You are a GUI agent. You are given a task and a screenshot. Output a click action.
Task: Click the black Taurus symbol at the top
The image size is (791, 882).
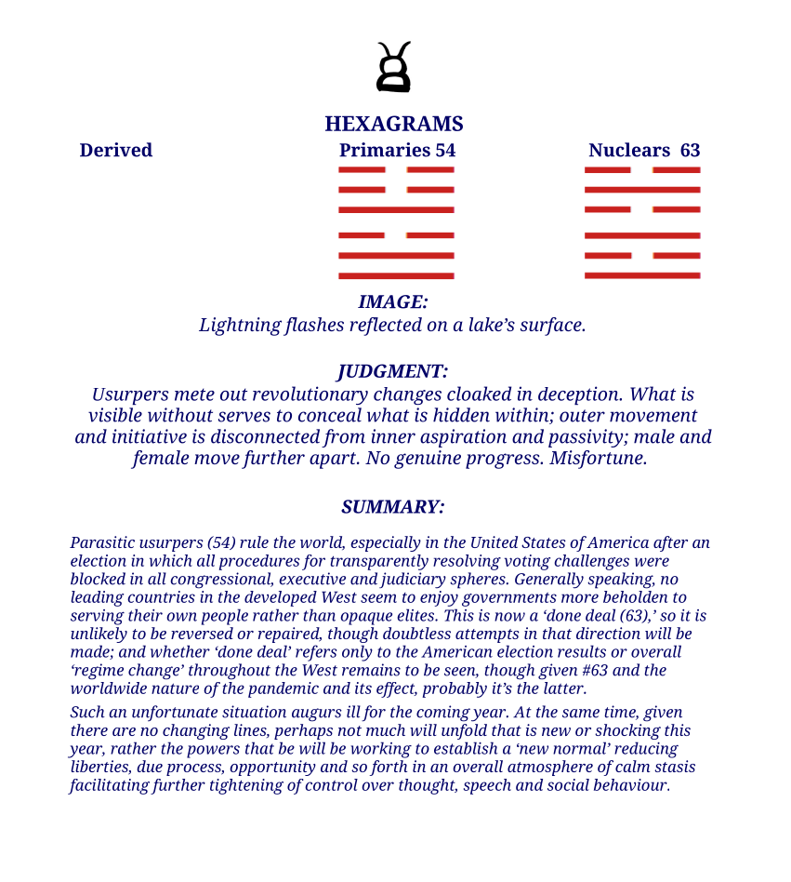point(393,68)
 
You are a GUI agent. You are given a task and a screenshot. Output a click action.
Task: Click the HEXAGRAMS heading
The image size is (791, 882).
point(394,124)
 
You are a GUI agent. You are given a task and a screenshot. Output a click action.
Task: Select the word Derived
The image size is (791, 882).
point(116,150)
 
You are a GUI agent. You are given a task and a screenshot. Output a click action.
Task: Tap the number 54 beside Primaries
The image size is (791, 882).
point(445,150)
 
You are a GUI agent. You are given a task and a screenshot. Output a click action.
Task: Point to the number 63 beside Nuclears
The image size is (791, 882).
point(690,150)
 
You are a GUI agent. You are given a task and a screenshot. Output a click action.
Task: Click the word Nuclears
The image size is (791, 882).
point(629,150)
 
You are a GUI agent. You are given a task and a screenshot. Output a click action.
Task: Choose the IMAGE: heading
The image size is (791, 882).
point(393,301)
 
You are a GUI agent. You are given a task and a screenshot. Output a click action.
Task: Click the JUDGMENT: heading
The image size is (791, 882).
point(393,371)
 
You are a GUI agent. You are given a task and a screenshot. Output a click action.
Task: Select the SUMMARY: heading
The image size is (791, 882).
point(393,507)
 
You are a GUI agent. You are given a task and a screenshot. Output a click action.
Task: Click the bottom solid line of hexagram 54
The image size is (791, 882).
point(396,276)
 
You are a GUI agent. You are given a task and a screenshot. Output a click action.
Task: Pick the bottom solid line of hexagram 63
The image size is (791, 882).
point(642,276)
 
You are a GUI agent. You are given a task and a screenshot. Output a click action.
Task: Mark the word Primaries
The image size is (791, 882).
point(385,150)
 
